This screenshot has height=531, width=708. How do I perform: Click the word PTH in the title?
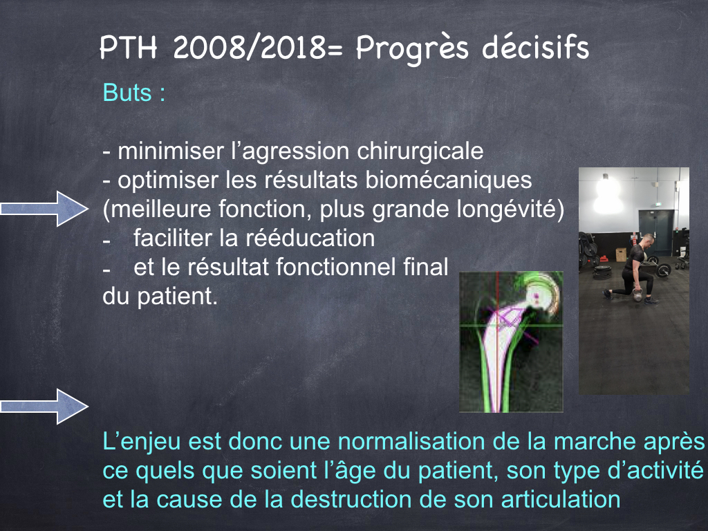click(x=128, y=47)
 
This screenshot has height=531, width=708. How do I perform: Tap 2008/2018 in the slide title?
click(x=250, y=47)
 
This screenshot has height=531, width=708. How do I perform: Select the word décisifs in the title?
click(x=536, y=46)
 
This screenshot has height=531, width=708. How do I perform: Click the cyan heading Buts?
click(x=127, y=93)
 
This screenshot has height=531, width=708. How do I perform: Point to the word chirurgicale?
click(x=420, y=151)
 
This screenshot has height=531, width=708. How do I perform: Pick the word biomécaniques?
click(x=448, y=180)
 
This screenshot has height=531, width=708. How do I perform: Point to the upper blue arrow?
click(x=44, y=209)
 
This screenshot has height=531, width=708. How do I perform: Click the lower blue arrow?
click(x=44, y=407)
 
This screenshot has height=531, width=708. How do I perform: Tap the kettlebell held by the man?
click(x=637, y=296)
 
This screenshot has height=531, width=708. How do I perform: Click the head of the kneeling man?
click(x=649, y=239)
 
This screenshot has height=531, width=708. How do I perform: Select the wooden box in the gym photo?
click(x=621, y=254)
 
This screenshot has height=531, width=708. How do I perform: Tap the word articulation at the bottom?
click(x=538, y=499)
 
